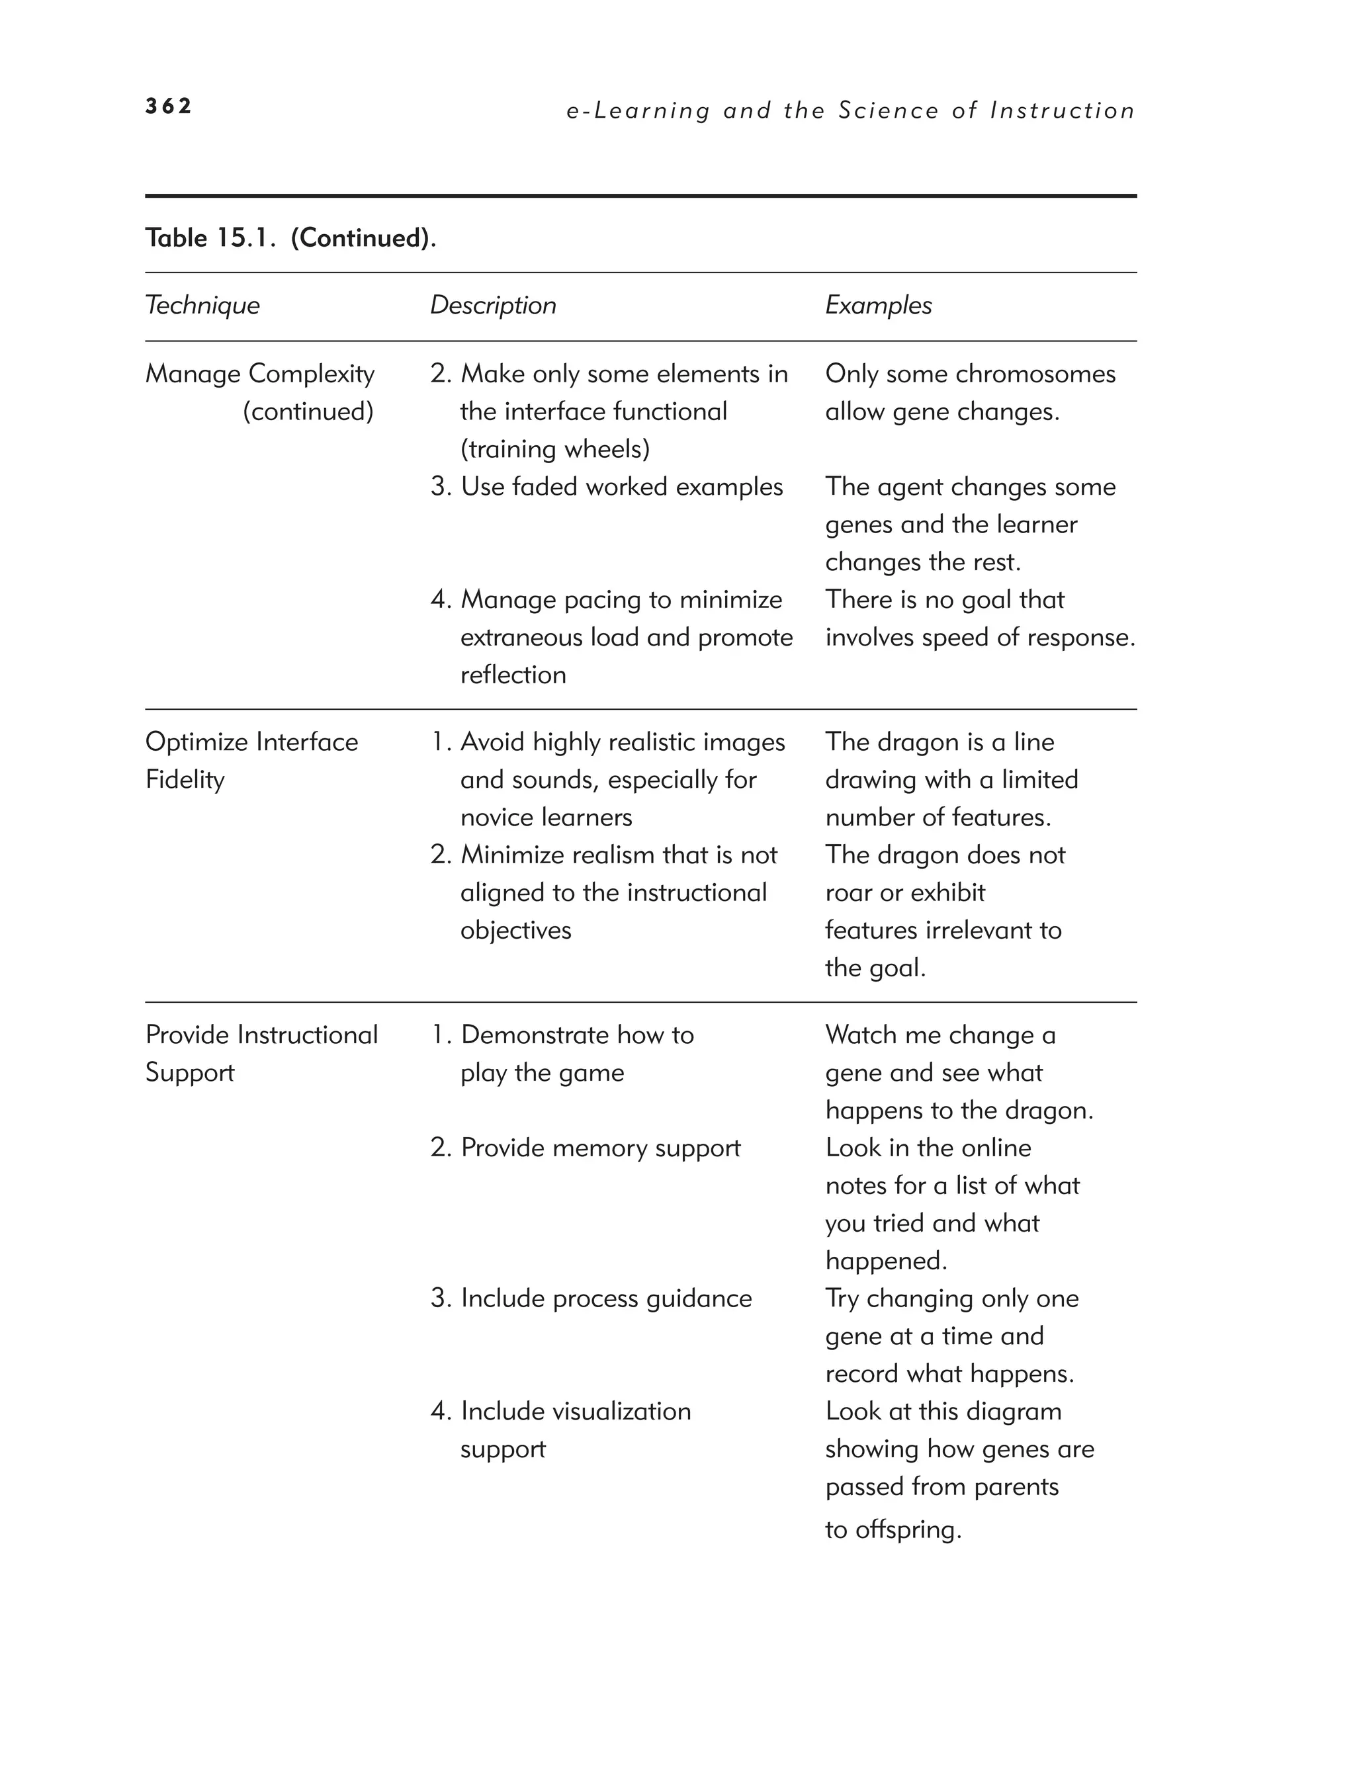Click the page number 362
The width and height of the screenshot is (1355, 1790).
click(168, 106)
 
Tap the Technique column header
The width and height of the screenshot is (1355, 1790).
click(202, 305)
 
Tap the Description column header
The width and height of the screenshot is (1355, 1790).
click(493, 305)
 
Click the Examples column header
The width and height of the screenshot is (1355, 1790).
click(878, 305)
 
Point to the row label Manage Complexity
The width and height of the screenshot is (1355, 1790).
click(260, 374)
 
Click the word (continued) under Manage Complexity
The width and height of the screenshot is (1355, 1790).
click(308, 411)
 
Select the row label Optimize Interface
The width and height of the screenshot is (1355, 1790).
click(251, 742)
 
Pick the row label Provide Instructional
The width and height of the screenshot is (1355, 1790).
click(261, 1035)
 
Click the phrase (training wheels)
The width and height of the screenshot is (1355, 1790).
click(554, 449)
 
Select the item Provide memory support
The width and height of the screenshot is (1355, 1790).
click(600, 1148)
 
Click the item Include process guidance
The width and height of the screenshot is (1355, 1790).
click(605, 1298)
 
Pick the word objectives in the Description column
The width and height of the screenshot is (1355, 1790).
click(515, 931)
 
